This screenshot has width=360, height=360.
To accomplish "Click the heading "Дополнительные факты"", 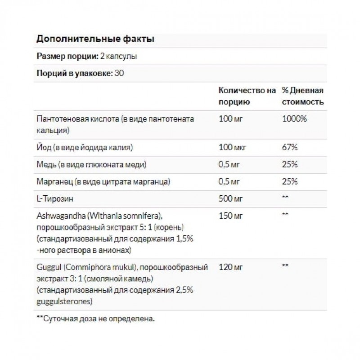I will coord(95,39).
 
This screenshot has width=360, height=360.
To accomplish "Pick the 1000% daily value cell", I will coord(294,119).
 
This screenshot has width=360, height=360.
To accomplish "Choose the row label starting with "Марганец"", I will coord(103,181).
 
